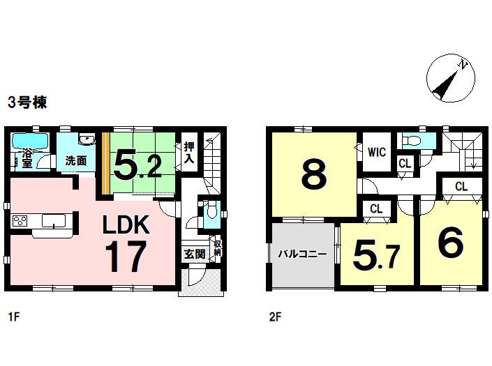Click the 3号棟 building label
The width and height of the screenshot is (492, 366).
(x=27, y=102)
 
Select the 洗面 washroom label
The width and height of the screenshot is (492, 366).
(x=75, y=160)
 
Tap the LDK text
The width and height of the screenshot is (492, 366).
(x=126, y=224)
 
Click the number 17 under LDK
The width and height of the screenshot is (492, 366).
(x=126, y=257)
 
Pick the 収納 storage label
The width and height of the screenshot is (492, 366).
(x=218, y=249)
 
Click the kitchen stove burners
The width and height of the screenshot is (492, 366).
(x=20, y=222)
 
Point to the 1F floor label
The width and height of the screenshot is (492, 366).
(x=14, y=317)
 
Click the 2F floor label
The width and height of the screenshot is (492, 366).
(x=275, y=317)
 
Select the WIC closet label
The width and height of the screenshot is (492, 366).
(x=377, y=151)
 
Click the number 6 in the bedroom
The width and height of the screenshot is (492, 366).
(x=450, y=243)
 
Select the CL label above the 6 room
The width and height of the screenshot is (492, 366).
(x=461, y=186)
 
